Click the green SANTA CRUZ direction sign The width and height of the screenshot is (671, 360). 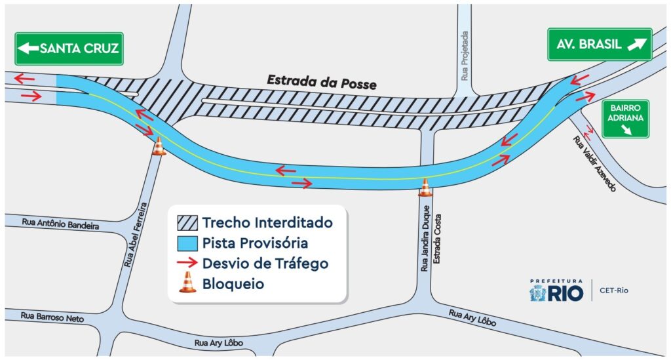(69, 48)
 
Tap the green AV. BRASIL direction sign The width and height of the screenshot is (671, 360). (600, 45)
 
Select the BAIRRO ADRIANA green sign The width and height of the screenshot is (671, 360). (626, 119)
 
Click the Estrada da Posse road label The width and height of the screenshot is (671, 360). (322, 83)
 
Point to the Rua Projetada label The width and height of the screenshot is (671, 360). (465, 56)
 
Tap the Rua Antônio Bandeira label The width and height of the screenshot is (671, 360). (60, 224)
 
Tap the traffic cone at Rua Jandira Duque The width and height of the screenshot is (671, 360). (425, 188)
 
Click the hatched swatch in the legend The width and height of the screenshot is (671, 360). (187, 223)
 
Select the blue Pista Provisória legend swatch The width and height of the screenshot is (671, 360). (187, 243)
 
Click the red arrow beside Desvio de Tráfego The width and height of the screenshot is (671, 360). (187, 264)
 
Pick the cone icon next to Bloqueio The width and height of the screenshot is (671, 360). (187, 283)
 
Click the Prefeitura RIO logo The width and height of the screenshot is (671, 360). (556, 290)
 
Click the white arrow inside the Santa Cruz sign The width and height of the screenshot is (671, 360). (29, 48)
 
